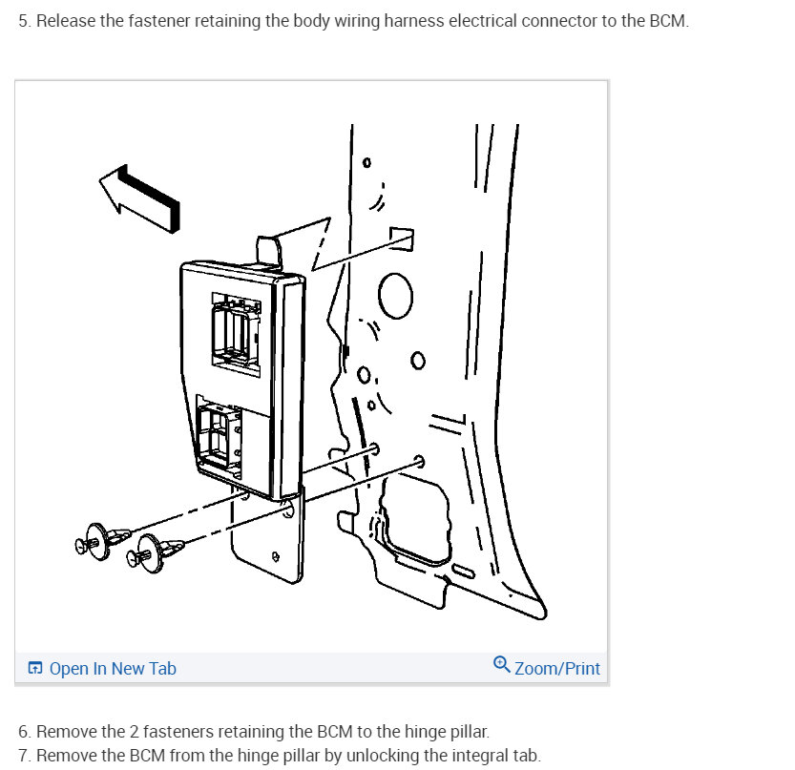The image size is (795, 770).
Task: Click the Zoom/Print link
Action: [557, 669]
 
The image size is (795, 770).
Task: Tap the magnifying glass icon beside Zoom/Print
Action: [501, 664]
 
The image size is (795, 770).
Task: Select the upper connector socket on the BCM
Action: [237, 334]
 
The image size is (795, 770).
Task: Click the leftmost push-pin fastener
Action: [100, 541]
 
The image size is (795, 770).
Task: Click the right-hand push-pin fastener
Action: [153, 553]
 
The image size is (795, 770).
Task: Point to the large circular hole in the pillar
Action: [395, 296]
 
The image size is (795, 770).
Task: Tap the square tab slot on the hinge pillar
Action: [402, 239]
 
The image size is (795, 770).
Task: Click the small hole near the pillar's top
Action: [366, 163]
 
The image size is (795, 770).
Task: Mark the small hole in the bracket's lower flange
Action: [275, 556]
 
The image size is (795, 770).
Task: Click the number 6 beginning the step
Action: [23, 732]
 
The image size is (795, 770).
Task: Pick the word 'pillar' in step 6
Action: [470, 732]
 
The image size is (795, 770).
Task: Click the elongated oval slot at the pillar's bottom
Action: [463, 571]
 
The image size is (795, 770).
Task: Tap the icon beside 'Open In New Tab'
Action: [35, 668]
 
